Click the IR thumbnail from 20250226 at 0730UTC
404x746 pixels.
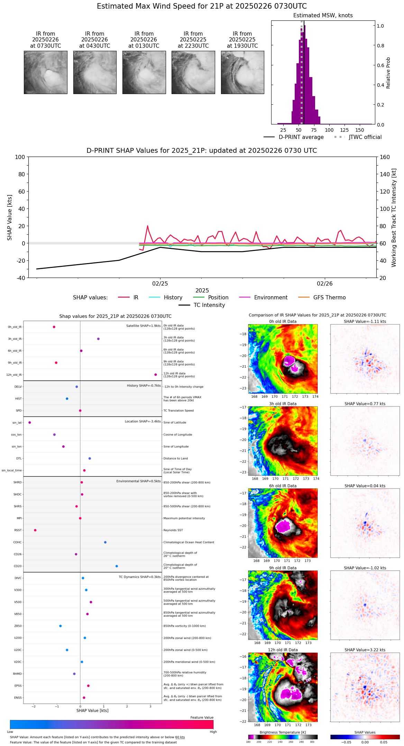(x=45, y=72)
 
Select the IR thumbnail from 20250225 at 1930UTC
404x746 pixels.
(x=242, y=72)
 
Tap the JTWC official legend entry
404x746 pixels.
(x=365, y=137)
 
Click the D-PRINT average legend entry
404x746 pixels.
(x=301, y=137)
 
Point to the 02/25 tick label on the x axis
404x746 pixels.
(x=160, y=284)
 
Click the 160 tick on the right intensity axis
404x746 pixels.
(x=385, y=157)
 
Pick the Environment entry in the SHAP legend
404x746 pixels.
(x=270, y=298)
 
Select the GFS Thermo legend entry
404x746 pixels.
(x=329, y=298)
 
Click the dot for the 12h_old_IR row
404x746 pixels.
(x=156, y=375)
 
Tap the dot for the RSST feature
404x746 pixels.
(x=35, y=530)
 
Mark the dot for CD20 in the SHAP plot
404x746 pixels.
(x=117, y=566)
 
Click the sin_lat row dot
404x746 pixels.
(x=30, y=422)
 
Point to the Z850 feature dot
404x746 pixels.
(x=61, y=626)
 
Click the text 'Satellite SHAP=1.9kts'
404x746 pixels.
(x=143, y=326)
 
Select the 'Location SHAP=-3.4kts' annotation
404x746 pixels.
(x=143, y=421)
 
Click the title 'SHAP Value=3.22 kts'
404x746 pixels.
(x=365, y=650)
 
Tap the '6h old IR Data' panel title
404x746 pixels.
(x=283, y=486)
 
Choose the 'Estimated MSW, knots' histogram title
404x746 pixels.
(x=323, y=16)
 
